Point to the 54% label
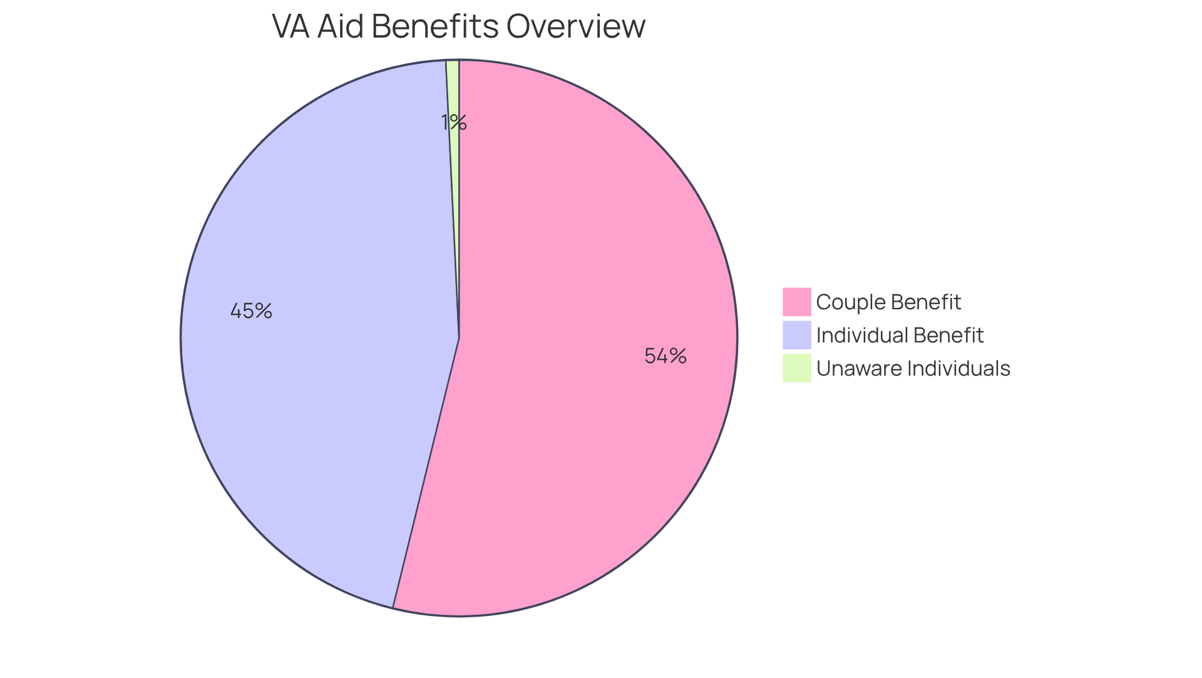coord(665,356)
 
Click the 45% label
coord(251,311)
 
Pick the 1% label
coord(454,123)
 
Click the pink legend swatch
coord(796,302)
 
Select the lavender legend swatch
coord(796,335)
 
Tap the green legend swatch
coord(796,368)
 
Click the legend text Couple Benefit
coord(888,302)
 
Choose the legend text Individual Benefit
coord(900,336)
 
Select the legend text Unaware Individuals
coord(913,369)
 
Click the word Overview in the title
coord(575,27)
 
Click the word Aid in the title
coord(341,27)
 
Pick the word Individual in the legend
coord(861,336)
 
